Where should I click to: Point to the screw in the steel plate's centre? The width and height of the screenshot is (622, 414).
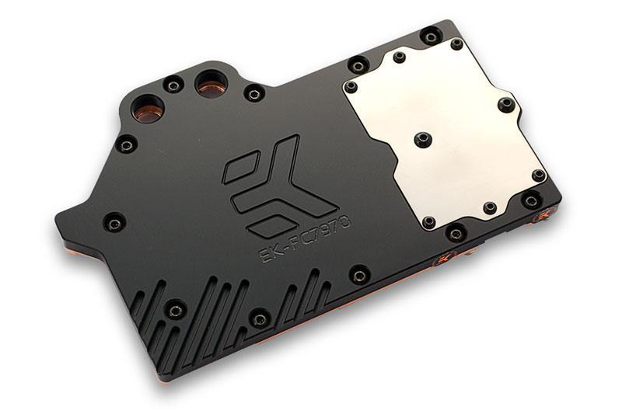pyautogui.click(x=424, y=139)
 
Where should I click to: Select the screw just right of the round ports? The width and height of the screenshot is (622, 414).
pyautogui.click(x=253, y=94)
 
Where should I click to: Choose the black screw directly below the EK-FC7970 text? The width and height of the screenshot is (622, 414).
pyautogui.click(x=358, y=274)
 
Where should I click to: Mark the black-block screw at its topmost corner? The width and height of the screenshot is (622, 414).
pyautogui.click(x=430, y=36)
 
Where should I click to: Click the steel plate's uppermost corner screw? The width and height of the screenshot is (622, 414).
pyautogui.click(x=456, y=44)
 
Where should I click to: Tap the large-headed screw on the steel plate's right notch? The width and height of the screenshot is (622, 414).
pyautogui.click(x=505, y=103)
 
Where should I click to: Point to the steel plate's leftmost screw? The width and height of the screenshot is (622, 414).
pyautogui.click(x=351, y=86)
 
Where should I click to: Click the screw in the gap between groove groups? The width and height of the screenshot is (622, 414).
pyautogui.click(x=260, y=317)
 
